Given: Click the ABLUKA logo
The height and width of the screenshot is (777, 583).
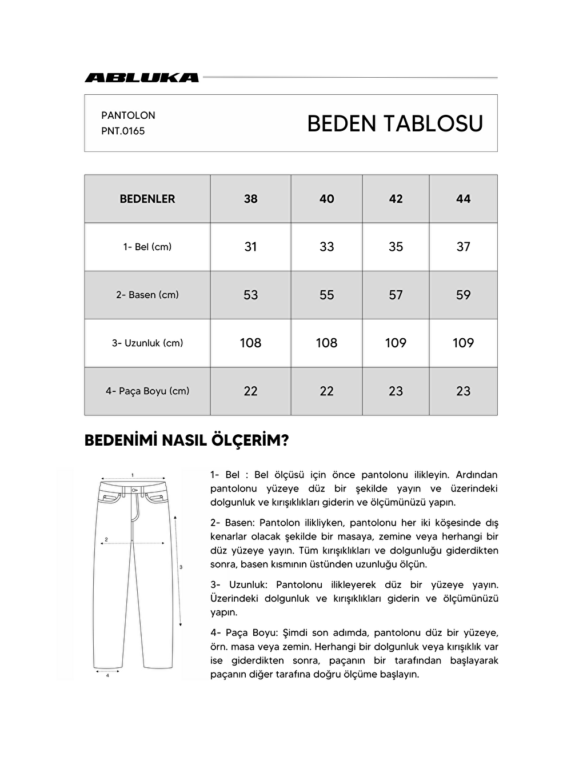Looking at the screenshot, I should (x=142, y=78).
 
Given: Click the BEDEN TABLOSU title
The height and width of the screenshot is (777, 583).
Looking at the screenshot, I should (x=395, y=123).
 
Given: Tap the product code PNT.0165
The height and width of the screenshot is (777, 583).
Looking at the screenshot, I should (x=123, y=131).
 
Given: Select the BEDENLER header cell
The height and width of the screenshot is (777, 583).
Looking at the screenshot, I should (x=147, y=199).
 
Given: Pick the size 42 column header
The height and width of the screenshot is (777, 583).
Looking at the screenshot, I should (x=396, y=199).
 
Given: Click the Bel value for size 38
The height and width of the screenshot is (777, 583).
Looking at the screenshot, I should (x=250, y=247).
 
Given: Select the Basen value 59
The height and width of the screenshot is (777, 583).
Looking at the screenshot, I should (x=463, y=295).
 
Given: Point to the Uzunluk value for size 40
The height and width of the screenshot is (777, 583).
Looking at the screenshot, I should (x=326, y=343).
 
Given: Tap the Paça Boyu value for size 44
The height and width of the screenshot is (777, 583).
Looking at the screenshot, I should (x=463, y=391).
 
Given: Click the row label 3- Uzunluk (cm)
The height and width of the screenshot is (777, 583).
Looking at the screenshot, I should (x=147, y=343).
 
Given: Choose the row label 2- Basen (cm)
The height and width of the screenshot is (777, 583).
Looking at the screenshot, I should (x=147, y=295).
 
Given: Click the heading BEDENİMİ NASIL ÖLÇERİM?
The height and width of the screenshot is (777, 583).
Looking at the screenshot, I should (x=186, y=440).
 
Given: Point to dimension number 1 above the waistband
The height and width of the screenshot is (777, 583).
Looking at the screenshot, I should (x=133, y=475).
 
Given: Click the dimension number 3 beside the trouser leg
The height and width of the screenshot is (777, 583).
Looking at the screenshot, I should (x=181, y=567).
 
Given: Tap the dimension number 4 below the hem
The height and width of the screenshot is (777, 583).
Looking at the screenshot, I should (x=107, y=675).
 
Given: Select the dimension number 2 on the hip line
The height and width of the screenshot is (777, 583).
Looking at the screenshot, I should (x=106, y=539).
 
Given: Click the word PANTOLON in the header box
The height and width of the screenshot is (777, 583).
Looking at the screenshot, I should (x=128, y=115).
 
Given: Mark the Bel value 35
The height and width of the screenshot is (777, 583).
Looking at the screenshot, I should (x=396, y=247).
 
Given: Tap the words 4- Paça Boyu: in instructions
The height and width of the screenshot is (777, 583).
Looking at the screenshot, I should (x=243, y=633).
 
